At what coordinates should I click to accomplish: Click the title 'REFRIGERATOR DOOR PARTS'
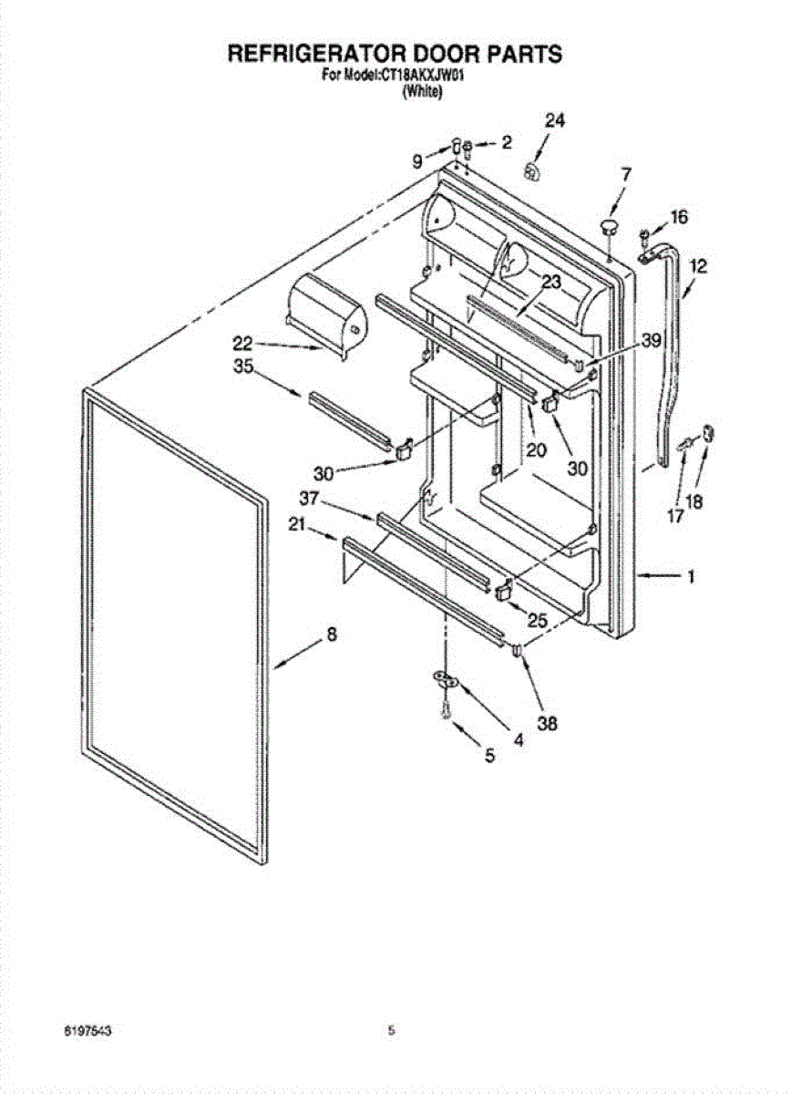pos(395,54)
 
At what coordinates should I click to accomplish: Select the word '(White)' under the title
pos(422,91)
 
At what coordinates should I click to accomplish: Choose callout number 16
pos(680,217)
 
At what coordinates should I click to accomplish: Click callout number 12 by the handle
pos(698,267)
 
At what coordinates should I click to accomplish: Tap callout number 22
pos(241,344)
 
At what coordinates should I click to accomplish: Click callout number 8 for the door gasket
pos(331,635)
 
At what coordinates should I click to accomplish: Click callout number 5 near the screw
pos(489,756)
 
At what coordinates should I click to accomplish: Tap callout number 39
pos(650,341)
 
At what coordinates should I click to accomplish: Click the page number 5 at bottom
pos(391,1031)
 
